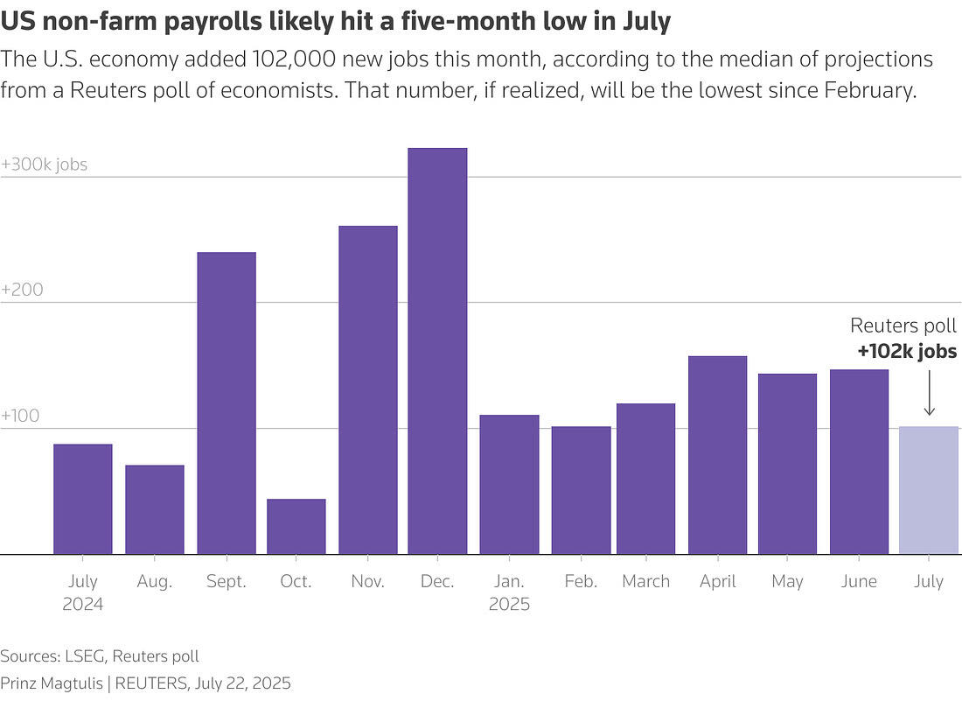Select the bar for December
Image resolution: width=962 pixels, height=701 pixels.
[x=437, y=350]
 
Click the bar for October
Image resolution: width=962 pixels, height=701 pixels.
[x=296, y=526]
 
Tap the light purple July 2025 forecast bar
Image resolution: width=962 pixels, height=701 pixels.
[x=929, y=490]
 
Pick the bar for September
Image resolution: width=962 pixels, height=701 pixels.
[x=226, y=403]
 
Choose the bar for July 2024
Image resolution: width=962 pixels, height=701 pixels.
[x=82, y=499]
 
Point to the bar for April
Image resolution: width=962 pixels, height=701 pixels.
[x=717, y=454]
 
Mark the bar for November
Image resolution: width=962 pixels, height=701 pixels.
[x=367, y=389]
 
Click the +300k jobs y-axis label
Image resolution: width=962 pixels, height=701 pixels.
[x=45, y=165]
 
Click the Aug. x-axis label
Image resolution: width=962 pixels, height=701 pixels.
[x=154, y=582]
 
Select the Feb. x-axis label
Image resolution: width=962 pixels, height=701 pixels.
[x=581, y=582]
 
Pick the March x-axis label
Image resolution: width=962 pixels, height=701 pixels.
[x=645, y=582]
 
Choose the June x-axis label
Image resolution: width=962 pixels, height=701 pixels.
[x=858, y=582]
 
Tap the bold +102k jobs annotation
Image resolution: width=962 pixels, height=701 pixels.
[x=907, y=353]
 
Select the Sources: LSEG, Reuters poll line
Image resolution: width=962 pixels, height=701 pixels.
[x=100, y=656]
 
